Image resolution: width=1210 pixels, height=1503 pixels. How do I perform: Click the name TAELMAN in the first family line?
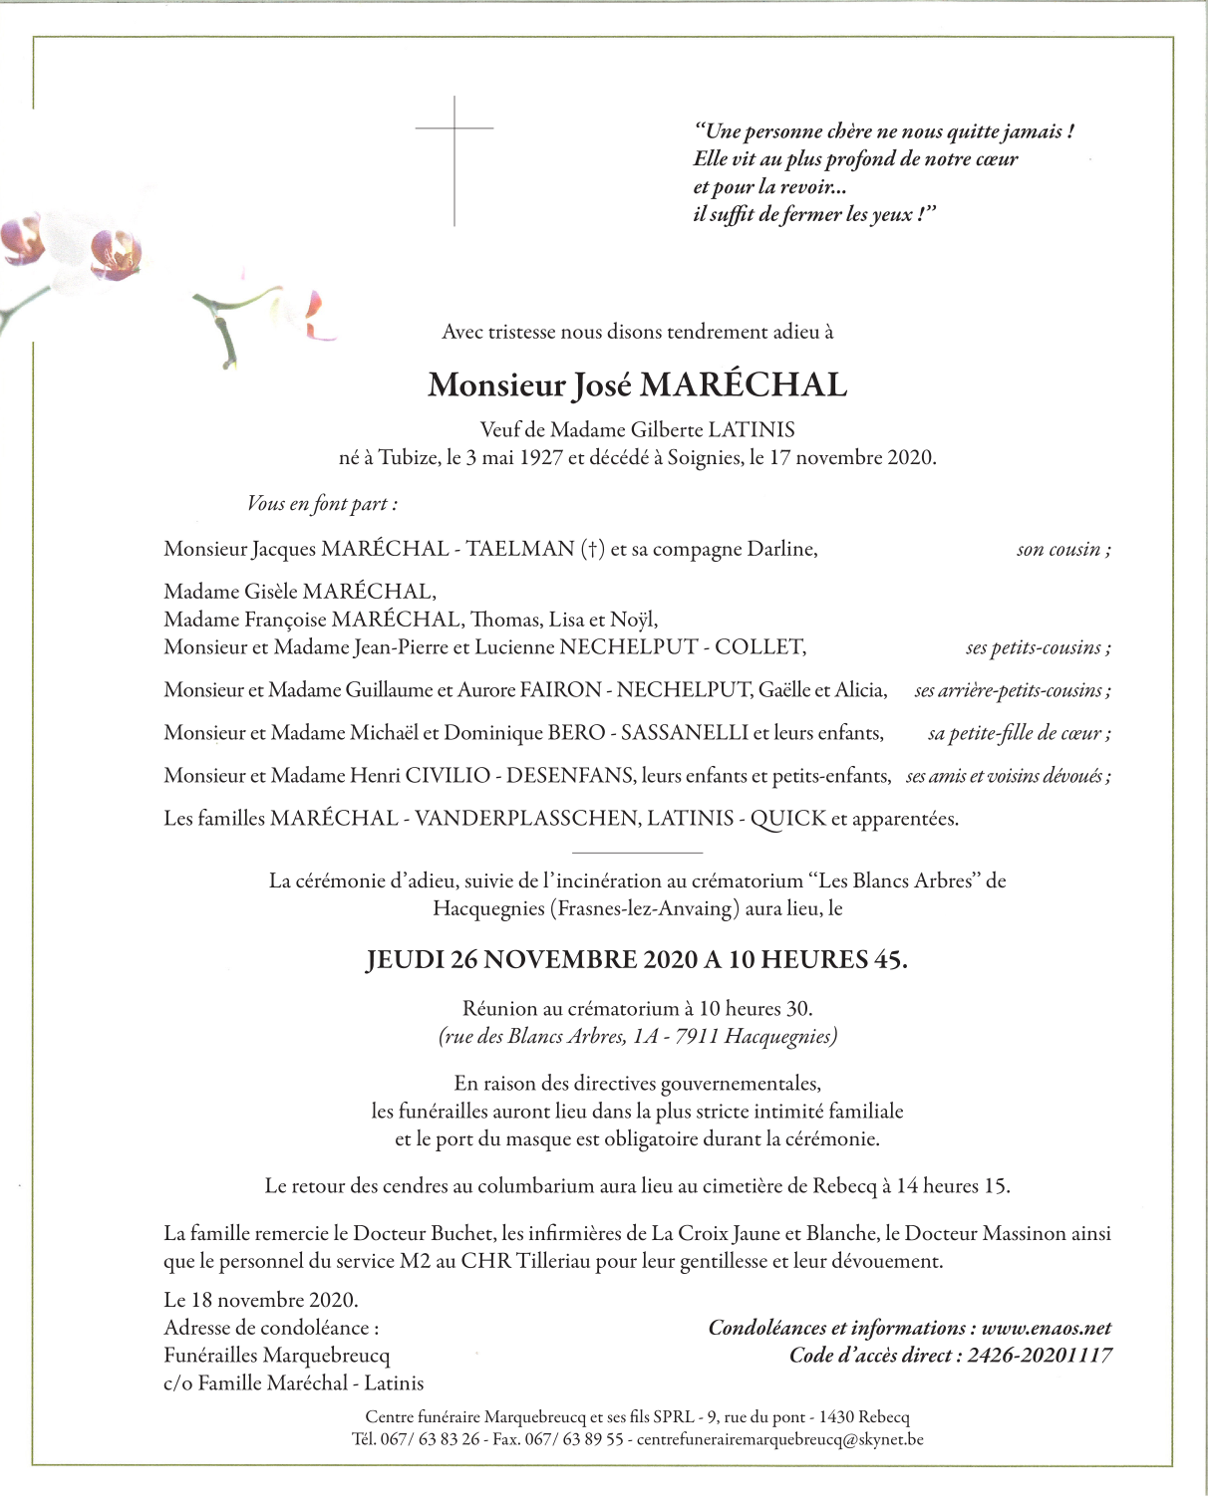(520, 549)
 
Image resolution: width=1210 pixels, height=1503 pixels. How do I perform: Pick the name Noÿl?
(634, 620)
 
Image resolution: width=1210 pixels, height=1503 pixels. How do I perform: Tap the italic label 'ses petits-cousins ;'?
(1038, 648)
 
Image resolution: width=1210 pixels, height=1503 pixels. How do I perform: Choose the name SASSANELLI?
(685, 733)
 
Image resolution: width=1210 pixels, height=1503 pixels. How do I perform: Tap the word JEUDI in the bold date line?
(405, 960)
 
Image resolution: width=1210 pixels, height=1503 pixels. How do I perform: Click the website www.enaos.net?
(1047, 1328)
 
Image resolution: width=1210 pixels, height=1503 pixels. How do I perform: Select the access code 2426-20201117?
(1040, 1356)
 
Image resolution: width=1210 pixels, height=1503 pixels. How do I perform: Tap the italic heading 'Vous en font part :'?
(322, 504)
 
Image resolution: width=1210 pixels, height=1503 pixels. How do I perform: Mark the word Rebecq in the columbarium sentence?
(844, 1186)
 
